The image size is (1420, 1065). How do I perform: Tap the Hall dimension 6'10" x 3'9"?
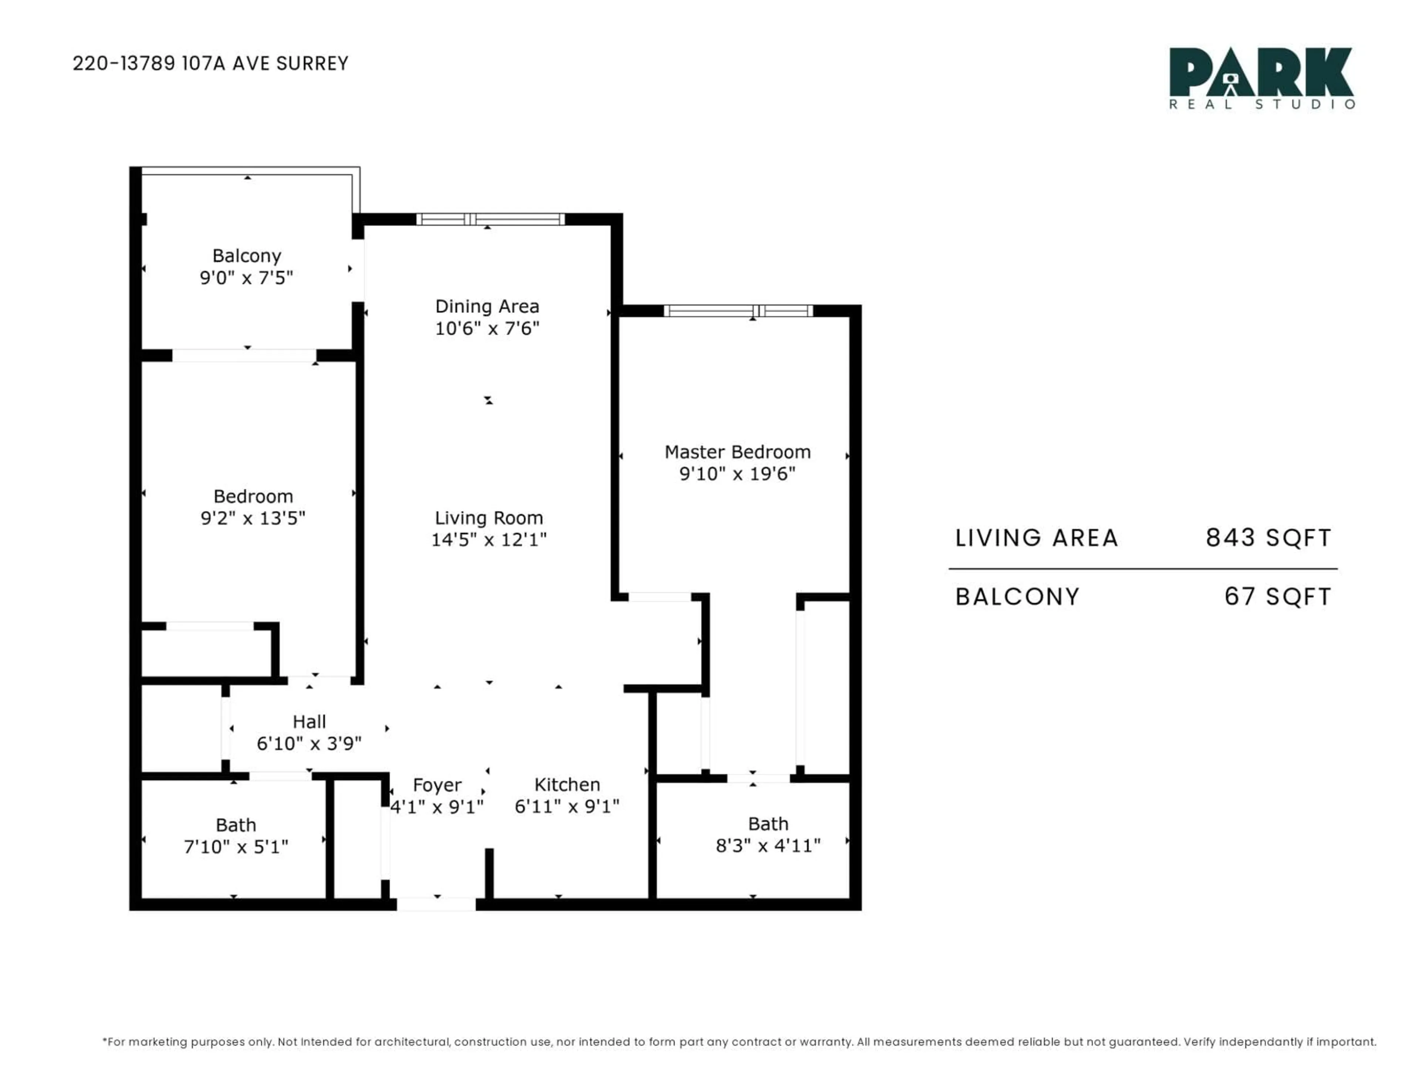pos(309,743)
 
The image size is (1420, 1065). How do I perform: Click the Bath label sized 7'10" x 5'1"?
pos(236,825)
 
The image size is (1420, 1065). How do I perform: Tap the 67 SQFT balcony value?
pos(1278,597)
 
